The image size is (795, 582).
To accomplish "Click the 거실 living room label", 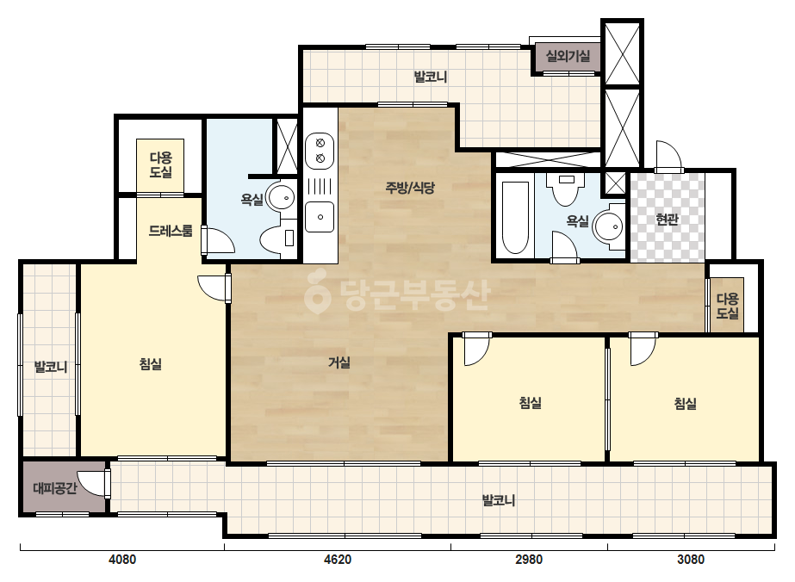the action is pyautogui.click(x=339, y=362).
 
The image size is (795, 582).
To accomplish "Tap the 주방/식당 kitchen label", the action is pyautogui.click(x=410, y=188).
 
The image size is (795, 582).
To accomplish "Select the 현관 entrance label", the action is pyautogui.click(x=667, y=220).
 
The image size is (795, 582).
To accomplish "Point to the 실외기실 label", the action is pyautogui.click(x=568, y=55).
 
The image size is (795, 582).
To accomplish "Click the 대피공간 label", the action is pyautogui.click(x=55, y=488).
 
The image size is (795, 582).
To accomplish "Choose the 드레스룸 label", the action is pyautogui.click(x=171, y=232).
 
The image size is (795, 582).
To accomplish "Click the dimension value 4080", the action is pyautogui.click(x=122, y=560).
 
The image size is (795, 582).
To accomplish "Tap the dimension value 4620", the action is pyautogui.click(x=337, y=560).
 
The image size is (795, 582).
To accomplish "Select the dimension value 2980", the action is pyautogui.click(x=529, y=560).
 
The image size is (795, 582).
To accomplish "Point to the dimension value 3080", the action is pyautogui.click(x=691, y=560).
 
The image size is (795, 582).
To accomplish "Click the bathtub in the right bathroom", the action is pyautogui.click(x=514, y=217).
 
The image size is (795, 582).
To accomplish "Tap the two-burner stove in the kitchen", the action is pyautogui.click(x=320, y=151).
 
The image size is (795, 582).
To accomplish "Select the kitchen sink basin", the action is pyautogui.click(x=320, y=217).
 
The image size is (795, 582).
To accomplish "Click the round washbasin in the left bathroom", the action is pyautogui.click(x=282, y=197).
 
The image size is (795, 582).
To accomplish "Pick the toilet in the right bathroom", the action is pyautogui.click(x=566, y=189).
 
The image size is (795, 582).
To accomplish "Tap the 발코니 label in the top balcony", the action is pyautogui.click(x=431, y=77).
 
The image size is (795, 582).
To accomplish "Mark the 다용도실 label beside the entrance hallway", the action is pyautogui.click(x=727, y=306).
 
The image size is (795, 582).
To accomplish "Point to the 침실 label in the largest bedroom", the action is pyautogui.click(x=151, y=364).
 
